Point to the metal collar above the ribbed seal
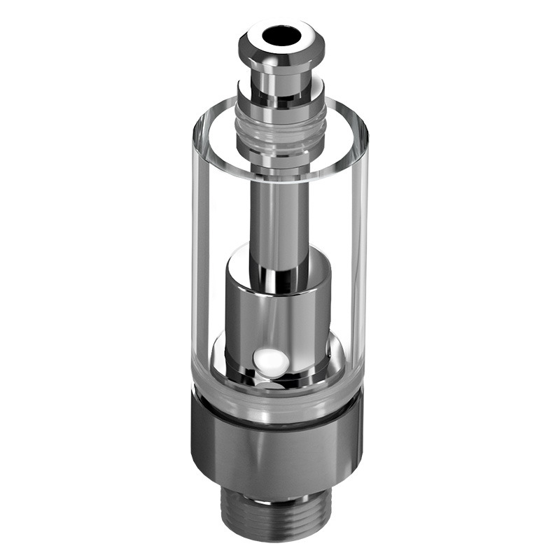280,91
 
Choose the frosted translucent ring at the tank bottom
280,406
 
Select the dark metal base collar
280,455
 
